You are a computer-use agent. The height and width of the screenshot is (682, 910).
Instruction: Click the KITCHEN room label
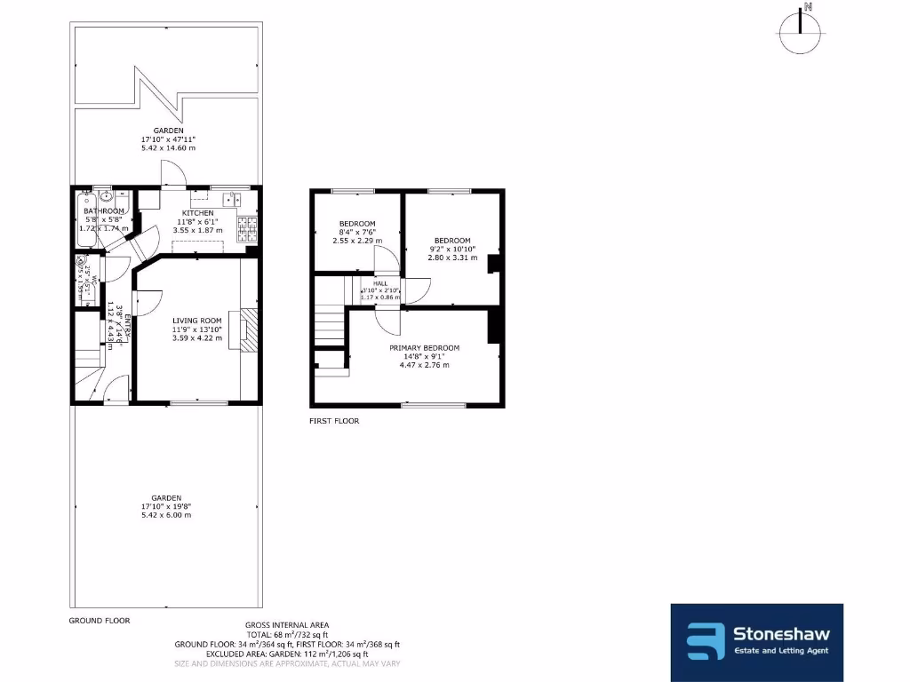click(197, 213)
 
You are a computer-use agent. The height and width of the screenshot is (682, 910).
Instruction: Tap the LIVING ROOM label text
click(197, 321)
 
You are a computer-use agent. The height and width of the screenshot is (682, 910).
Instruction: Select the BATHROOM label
click(104, 210)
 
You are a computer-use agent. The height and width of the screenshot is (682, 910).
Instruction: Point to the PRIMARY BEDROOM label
click(424, 347)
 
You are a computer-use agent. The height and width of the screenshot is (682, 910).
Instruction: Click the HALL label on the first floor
click(380, 282)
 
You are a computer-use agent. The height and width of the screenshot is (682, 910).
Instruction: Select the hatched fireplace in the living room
click(251, 330)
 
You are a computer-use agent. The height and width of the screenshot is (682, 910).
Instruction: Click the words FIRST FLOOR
click(334, 421)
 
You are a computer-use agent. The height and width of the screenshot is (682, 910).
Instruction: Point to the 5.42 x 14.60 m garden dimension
click(168, 147)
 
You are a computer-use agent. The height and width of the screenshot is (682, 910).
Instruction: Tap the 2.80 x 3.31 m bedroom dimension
click(452, 258)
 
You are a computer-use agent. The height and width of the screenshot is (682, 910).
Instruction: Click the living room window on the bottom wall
click(197, 404)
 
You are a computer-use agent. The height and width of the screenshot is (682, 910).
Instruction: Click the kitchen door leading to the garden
click(172, 175)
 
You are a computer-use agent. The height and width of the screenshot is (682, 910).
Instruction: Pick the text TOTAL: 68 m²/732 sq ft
click(287, 635)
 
